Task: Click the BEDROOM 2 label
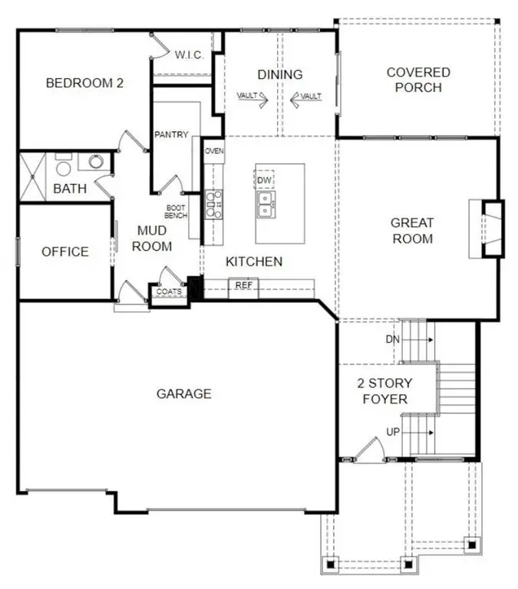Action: point(84,83)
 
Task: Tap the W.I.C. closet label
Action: point(189,55)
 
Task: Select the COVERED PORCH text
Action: point(418,80)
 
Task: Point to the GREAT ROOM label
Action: point(412,230)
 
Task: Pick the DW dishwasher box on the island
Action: point(265,179)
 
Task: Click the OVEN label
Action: point(214,151)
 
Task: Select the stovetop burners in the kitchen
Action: point(214,205)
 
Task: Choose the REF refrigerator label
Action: point(244,285)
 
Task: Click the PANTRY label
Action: point(171,135)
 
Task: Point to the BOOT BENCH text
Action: point(176,211)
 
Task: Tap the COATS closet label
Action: point(169,292)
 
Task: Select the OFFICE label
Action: point(65,252)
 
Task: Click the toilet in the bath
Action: point(64,166)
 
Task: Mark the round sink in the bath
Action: point(96,162)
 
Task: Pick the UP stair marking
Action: point(393,432)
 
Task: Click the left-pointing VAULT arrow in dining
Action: point(300,97)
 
